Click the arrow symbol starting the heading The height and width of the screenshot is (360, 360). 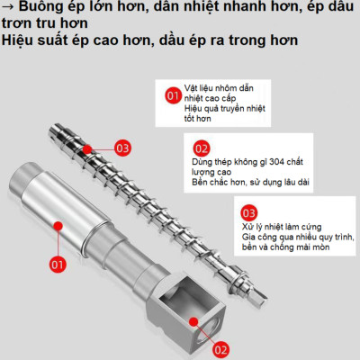click(x=8, y=8)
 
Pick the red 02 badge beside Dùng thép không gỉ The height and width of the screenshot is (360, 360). click(x=202, y=148)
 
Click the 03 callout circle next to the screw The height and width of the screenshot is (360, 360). click(x=123, y=147)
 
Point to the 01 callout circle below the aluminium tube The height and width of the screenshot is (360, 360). click(x=58, y=265)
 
